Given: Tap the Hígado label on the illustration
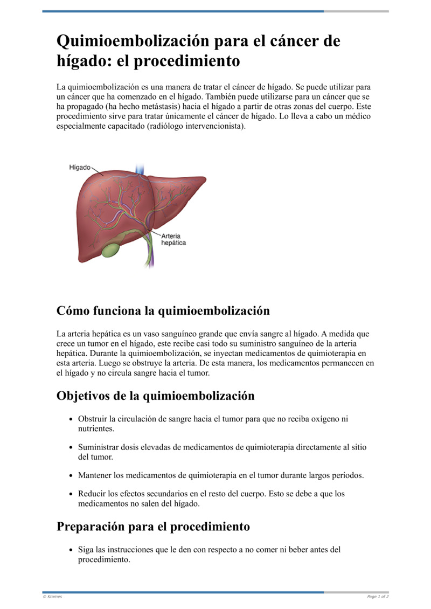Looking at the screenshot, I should point(79,168).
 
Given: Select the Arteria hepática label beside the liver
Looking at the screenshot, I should point(173,239).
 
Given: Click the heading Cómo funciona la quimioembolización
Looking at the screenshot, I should point(163,311).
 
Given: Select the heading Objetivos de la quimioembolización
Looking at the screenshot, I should point(155,396).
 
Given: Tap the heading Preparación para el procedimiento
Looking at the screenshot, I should point(153,527).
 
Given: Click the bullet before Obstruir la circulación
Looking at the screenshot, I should point(72,419).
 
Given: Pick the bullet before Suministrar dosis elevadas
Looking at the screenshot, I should point(72,447).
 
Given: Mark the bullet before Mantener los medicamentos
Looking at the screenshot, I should point(72,476).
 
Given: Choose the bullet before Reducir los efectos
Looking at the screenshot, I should point(72,494).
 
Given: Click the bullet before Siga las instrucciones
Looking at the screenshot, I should point(72,550).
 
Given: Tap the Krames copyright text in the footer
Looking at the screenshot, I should point(52,597).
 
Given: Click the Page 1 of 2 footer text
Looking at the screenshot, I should point(378,597).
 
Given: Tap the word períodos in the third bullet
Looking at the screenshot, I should point(345,475).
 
